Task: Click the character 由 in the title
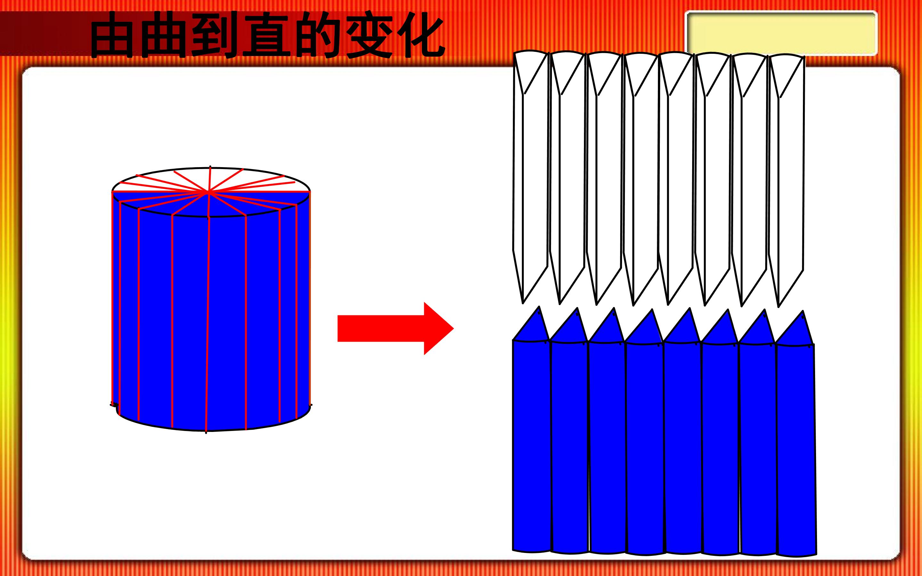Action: [112, 35]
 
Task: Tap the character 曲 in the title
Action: [163, 35]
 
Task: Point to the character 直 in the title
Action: [265, 35]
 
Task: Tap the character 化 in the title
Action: [420, 35]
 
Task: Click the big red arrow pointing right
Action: [395, 329]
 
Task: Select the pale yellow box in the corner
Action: [781, 34]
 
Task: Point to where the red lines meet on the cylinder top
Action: [209, 193]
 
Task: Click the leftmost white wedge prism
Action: [530, 177]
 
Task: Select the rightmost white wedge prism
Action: [787, 181]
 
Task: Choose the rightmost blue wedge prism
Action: [796, 434]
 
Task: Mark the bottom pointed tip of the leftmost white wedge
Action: [523, 303]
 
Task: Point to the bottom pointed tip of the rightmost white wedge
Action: [779, 306]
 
